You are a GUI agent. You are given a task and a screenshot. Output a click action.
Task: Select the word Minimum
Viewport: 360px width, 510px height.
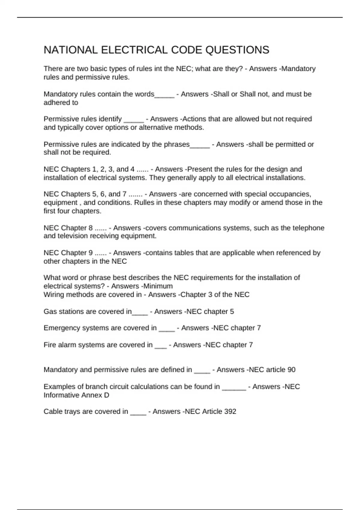point(158,286)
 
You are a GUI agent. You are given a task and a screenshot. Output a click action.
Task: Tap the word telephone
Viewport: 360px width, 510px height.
point(307,228)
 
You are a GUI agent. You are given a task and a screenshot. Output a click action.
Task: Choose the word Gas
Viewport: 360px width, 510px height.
point(50,311)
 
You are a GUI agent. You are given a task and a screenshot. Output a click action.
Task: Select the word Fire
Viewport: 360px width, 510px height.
point(50,345)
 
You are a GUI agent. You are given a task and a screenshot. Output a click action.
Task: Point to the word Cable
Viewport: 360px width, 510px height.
point(52,411)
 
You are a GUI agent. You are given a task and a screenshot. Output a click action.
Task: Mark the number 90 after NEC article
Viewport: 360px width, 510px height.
point(291,370)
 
